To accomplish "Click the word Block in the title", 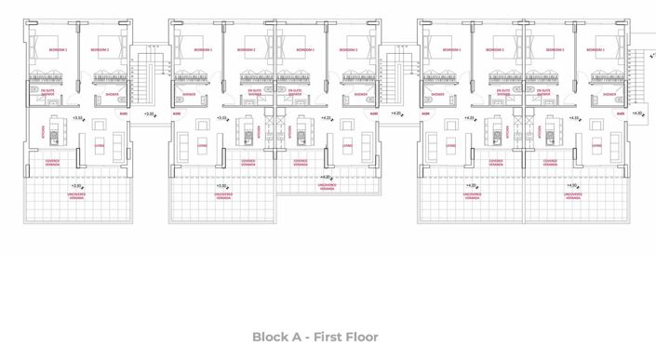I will (x=273, y=337).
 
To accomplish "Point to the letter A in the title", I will (x=297, y=337).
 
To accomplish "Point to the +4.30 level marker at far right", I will (x=637, y=113).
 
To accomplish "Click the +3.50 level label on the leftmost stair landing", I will (x=151, y=113).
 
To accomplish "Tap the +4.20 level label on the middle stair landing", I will (x=397, y=113).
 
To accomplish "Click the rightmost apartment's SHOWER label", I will (x=610, y=94).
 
